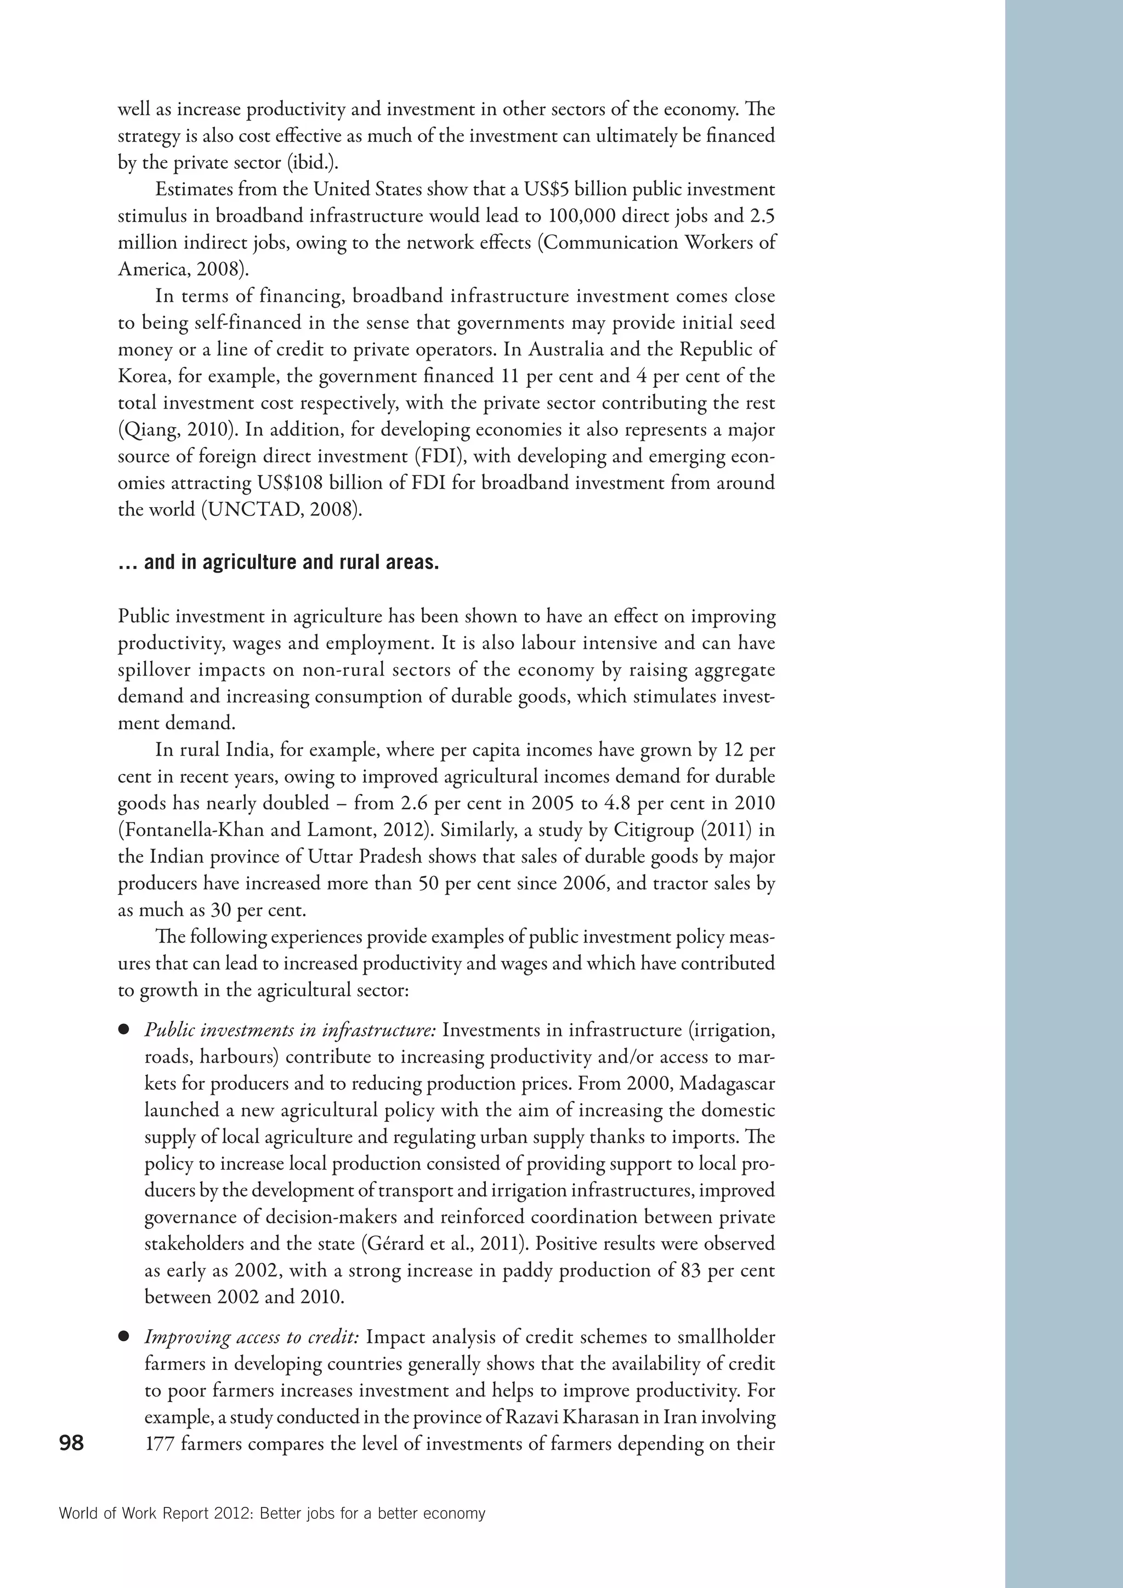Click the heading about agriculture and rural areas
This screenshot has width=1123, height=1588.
(278, 562)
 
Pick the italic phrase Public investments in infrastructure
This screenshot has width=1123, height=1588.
(290, 1030)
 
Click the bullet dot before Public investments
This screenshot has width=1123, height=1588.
(124, 1030)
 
